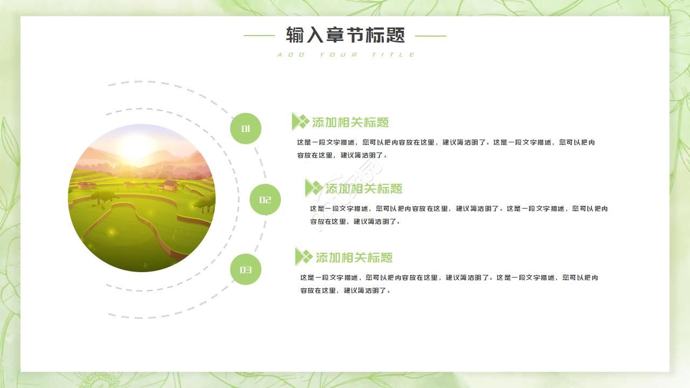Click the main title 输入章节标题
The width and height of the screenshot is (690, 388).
pyautogui.click(x=345, y=36)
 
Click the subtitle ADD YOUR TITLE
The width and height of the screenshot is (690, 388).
pyautogui.click(x=346, y=54)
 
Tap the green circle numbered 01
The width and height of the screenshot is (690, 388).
pyautogui.click(x=246, y=129)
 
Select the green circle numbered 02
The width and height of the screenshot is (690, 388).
pyautogui.click(x=265, y=200)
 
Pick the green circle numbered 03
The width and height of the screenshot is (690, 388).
pyautogui.click(x=246, y=269)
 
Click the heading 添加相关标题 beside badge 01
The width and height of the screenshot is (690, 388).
pyautogui.click(x=350, y=122)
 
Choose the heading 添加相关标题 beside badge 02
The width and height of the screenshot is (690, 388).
pyautogui.click(x=364, y=189)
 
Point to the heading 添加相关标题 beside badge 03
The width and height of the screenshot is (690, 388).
pyautogui.click(x=354, y=258)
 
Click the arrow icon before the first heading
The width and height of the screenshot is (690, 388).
pyautogui.click(x=300, y=122)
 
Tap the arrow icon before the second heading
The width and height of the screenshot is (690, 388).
pyautogui.click(x=313, y=188)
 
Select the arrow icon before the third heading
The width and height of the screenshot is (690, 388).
pyautogui.click(x=303, y=257)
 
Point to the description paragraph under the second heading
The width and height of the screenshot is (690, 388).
pyautogui.click(x=459, y=215)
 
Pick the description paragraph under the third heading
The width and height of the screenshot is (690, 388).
pyautogui.click(x=449, y=284)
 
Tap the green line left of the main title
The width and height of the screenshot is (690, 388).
pyautogui.click(x=259, y=36)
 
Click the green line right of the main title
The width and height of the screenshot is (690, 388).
pyautogui.click(x=430, y=36)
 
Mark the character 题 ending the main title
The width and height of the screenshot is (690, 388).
pyautogui.click(x=396, y=36)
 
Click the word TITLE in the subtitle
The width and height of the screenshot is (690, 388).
pyautogui.click(x=394, y=54)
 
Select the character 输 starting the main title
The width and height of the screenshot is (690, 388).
pyautogui.click(x=295, y=36)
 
